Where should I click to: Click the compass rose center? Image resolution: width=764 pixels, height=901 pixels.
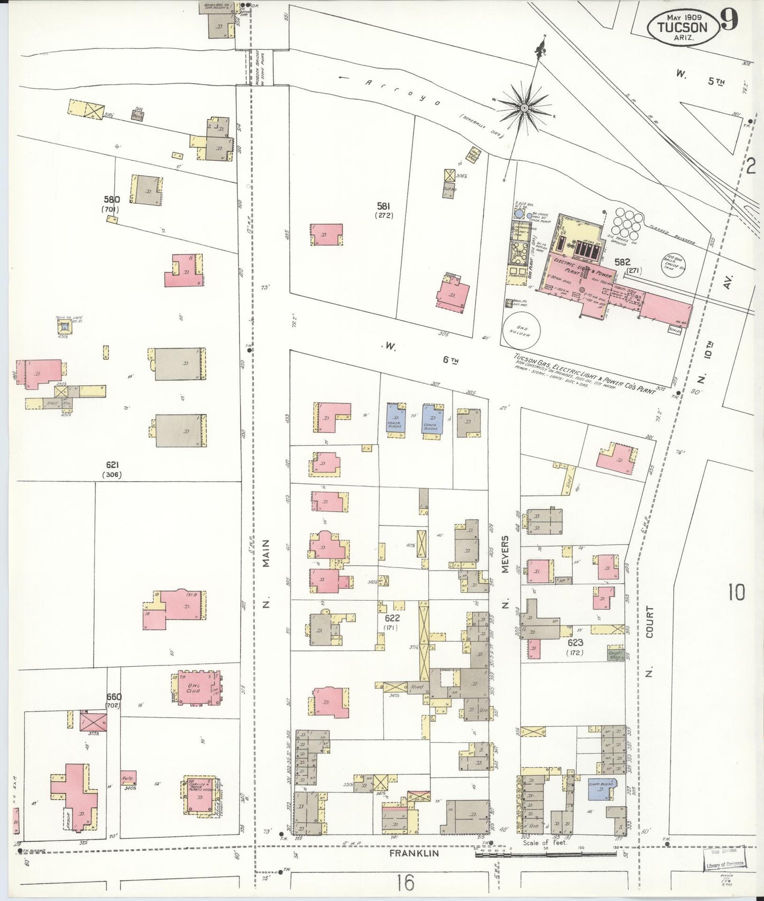coord(524,108)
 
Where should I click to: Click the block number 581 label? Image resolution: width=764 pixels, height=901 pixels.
coord(385,206)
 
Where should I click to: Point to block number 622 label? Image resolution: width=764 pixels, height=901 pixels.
coord(392,618)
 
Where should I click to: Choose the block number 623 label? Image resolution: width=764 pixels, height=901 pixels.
coord(575,642)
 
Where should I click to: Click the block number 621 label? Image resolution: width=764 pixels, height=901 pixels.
coord(112,465)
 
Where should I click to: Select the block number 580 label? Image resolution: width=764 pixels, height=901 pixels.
coord(112,199)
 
